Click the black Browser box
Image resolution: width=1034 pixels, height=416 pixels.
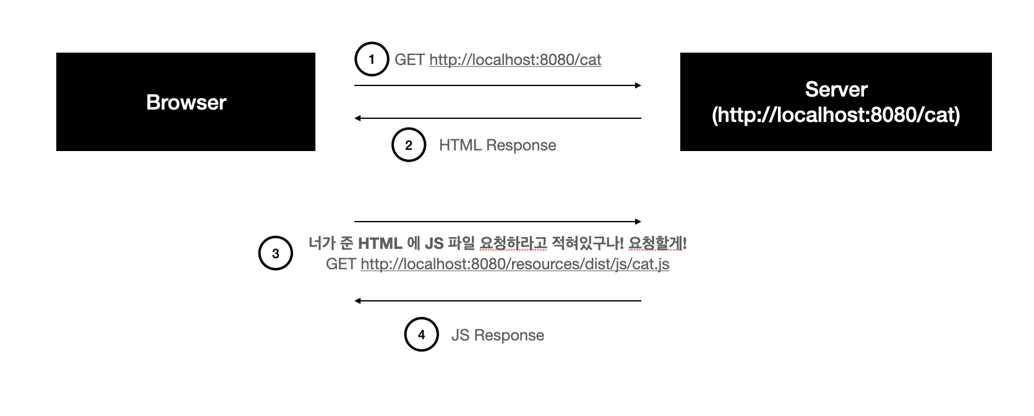click(186, 102)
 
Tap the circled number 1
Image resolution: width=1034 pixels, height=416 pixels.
click(371, 59)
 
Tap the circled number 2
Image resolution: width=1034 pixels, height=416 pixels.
click(409, 145)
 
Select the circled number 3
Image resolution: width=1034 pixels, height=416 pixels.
click(275, 254)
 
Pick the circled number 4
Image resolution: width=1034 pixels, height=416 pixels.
click(421, 335)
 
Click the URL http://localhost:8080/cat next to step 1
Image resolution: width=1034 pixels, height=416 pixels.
click(515, 59)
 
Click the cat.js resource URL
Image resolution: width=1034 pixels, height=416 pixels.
click(515, 264)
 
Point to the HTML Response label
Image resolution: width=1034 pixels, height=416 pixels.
click(497, 145)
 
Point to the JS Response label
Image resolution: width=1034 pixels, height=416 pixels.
click(497, 335)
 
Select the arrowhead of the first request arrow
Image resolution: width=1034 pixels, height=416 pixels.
click(638, 85)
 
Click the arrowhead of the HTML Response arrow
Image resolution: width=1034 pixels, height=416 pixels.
click(358, 118)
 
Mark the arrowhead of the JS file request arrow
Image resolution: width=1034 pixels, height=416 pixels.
click(638, 221)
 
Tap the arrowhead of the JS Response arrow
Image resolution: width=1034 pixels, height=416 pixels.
click(358, 301)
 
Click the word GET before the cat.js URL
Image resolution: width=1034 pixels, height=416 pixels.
click(341, 264)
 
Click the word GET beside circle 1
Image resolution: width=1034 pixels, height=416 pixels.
click(409, 59)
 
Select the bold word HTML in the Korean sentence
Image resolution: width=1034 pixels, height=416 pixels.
click(380, 243)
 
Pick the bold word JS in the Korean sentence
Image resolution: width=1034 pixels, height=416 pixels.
click(434, 243)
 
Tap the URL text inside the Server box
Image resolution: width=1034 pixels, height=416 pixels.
click(835, 116)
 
